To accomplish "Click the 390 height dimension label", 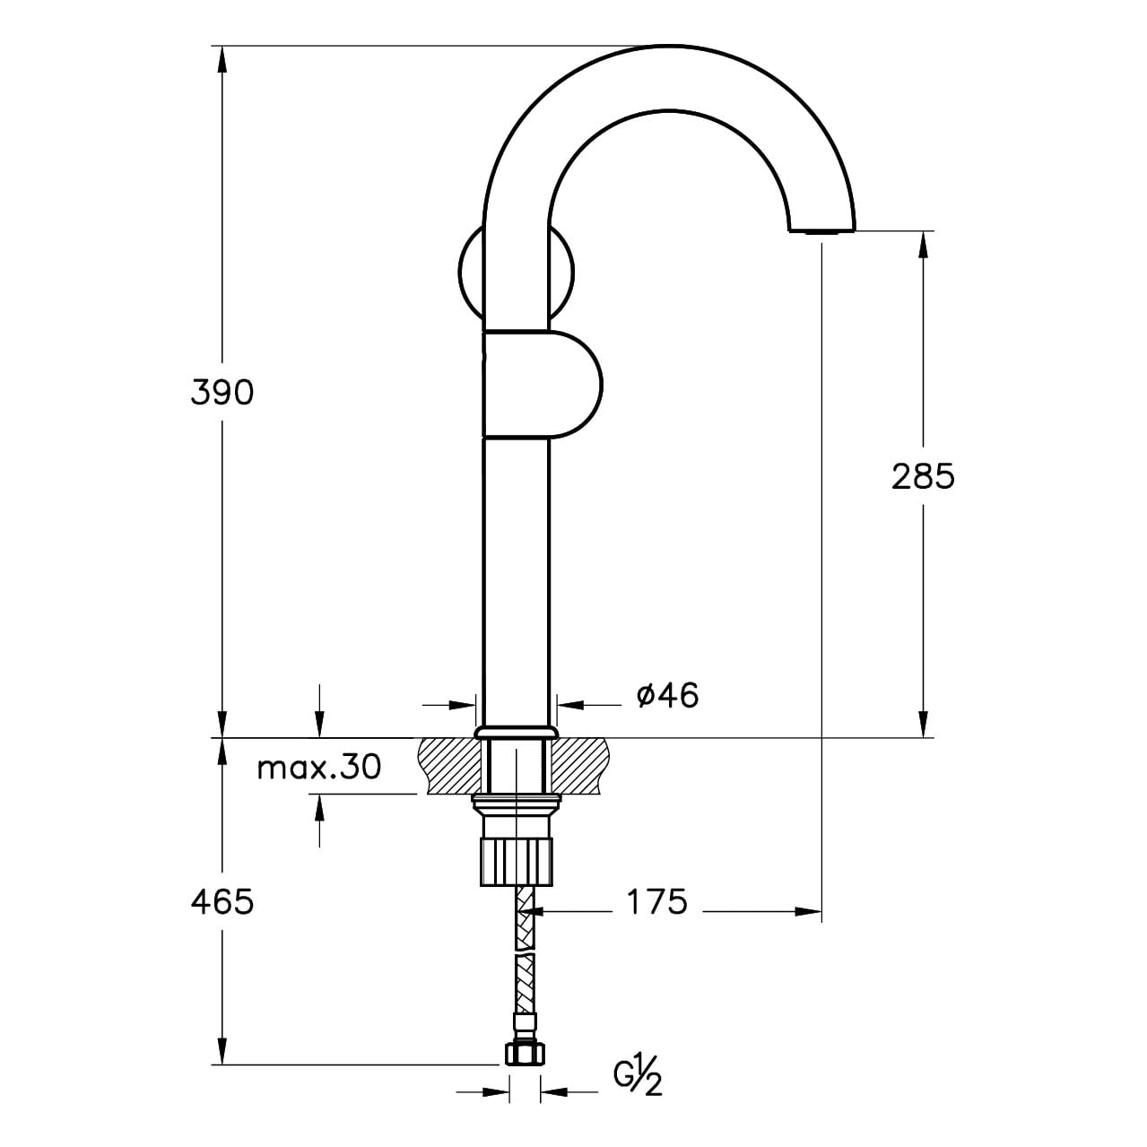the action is click(222, 393).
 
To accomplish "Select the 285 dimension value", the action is click(923, 477).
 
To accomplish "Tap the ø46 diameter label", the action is click(667, 695).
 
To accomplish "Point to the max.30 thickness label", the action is click(319, 768).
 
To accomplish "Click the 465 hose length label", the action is click(222, 902).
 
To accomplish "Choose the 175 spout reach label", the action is click(656, 902).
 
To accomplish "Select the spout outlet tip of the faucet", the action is click(821, 229).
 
